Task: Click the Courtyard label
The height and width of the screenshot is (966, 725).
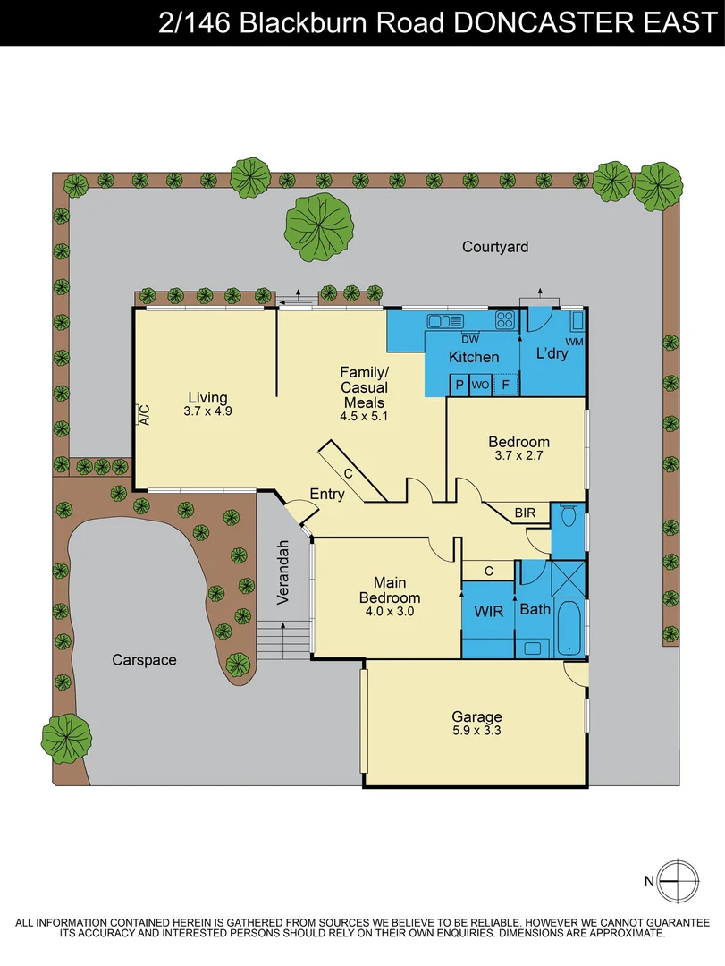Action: pyautogui.click(x=495, y=247)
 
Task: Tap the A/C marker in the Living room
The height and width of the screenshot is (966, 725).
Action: pyautogui.click(x=142, y=413)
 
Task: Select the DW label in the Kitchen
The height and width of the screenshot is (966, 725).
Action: pyautogui.click(x=470, y=339)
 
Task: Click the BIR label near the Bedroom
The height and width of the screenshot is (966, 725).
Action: pyautogui.click(x=525, y=513)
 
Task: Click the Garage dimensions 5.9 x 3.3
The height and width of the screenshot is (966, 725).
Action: pyautogui.click(x=476, y=732)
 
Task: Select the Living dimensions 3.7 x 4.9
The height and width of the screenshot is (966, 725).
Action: pyautogui.click(x=207, y=412)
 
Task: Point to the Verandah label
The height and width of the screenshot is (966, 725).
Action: pyautogui.click(x=282, y=572)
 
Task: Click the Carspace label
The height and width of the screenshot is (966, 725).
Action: pyautogui.click(x=144, y=660)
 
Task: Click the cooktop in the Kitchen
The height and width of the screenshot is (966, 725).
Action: pyautogui.click(x=505, y=319)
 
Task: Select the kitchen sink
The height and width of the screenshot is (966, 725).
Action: pyautogui.click(x=443, y=319)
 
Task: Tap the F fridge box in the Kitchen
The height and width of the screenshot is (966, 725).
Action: pyautogui.click(x=506, y=385)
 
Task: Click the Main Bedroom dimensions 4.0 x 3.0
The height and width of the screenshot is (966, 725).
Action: pyautogui.click(x=389, y=613)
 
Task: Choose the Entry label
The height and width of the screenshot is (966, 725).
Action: pyautogui.click(x=327, y=494)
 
